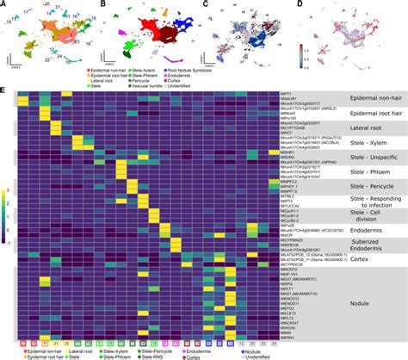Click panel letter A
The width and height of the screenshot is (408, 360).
coord(3,4)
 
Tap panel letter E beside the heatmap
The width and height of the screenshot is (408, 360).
coord(3,89)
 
